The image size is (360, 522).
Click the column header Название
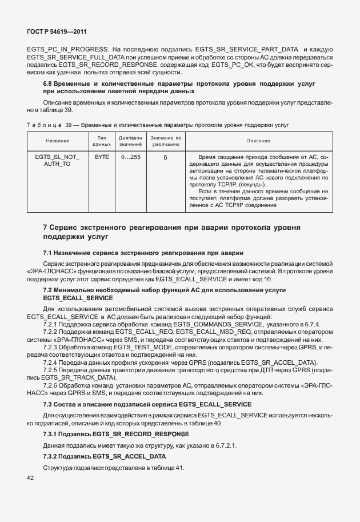tap(58, 141)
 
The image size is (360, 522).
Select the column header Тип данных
tap(102, 141)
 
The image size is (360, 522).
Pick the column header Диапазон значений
tap(130, 141)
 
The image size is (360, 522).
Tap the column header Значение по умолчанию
tap(165, 141)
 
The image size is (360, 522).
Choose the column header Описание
tap(258, 141)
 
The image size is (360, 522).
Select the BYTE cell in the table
tap(102, 157)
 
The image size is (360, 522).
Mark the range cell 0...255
tap(130, 157)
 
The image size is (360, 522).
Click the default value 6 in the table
tap(165, 157)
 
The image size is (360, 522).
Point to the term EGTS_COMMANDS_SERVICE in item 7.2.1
tap(216, 324)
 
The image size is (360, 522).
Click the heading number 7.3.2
tap(53, 441)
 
